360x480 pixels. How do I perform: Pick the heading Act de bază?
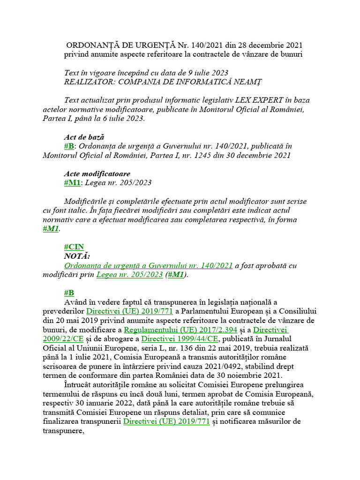pos(83,137)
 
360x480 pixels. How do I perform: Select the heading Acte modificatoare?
pos(97,173)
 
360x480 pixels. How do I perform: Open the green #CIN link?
pos(74,247)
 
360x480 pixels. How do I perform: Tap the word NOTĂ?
pos(77,256)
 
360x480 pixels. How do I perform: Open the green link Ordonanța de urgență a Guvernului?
pos(148,265)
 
